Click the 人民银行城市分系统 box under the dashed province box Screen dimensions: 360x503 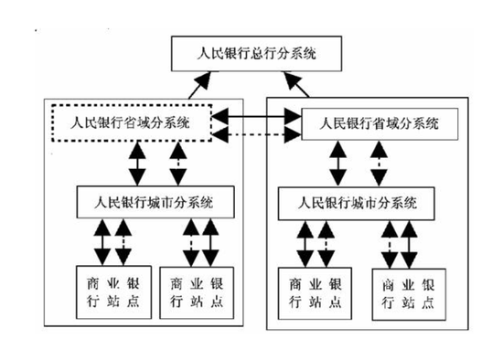coord(146,197)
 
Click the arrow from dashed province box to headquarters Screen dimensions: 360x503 coord(202,85)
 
